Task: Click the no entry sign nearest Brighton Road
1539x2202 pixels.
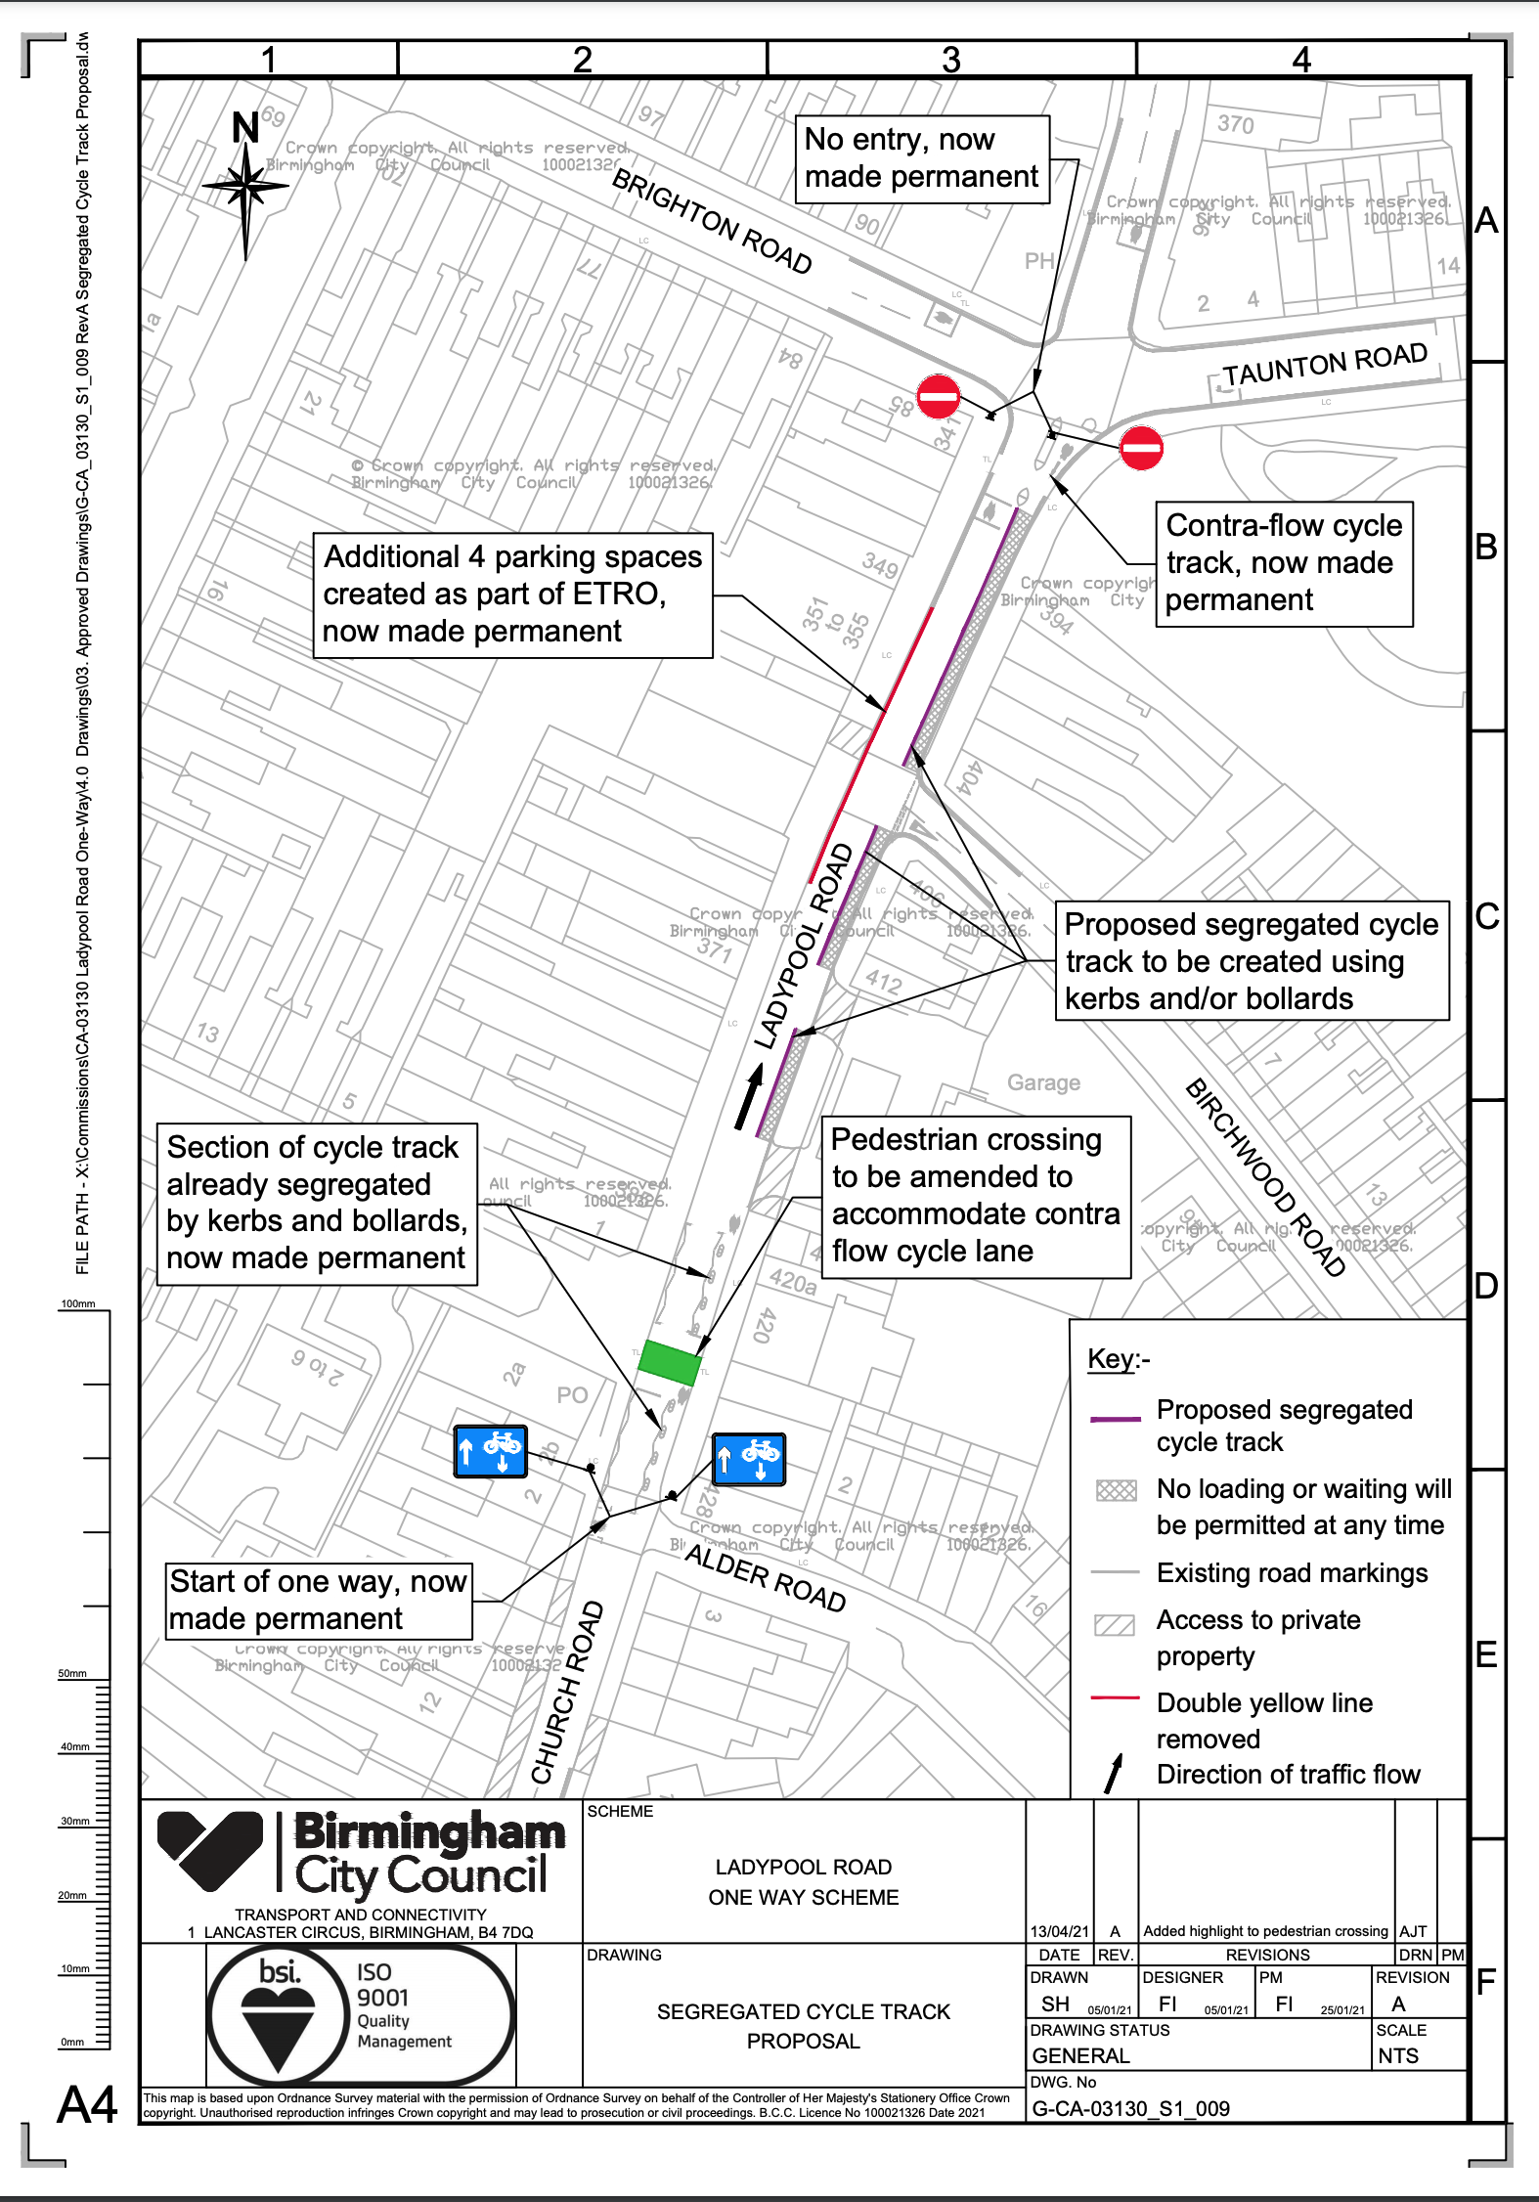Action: click(939, 397)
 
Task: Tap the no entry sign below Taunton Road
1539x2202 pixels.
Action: click(1140, 449)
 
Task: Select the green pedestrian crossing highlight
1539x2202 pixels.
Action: click(669, 1362)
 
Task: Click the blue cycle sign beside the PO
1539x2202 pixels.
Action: click(490, 1451)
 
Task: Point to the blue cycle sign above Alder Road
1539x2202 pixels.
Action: click(749, 1460)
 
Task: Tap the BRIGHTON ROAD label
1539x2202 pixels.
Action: click(712, 222)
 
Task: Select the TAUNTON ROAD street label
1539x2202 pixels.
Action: click(1325, 365)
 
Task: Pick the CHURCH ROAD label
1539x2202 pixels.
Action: click(567, 1693)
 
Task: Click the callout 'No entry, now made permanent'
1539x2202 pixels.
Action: click(922, 159)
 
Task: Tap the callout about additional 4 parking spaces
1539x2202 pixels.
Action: click(512, 595)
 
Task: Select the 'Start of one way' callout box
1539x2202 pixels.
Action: click(319, 1601)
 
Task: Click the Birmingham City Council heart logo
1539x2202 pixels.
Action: click(210, 1850)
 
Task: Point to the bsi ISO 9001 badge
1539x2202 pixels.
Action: click(360, 2015)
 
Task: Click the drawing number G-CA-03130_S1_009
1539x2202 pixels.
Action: click(1130, 2109)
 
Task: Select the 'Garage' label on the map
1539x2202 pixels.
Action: click(1043, 1082)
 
